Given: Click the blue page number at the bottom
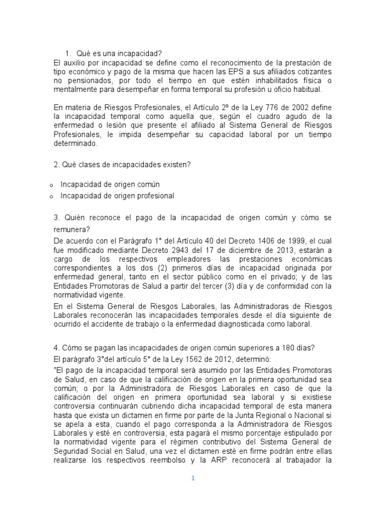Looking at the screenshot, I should tap(192, 478).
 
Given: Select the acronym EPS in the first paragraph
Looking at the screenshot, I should tap(234, 72).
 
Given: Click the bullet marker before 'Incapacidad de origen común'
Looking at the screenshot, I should tap(51, 185).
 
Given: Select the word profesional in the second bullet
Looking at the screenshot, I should tap(154, 196).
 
